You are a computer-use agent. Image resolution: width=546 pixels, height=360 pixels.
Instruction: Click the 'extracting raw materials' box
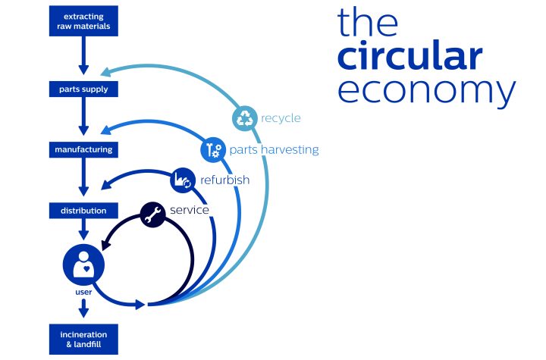point(83,21)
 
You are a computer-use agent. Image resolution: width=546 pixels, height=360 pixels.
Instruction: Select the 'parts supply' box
point(83,89)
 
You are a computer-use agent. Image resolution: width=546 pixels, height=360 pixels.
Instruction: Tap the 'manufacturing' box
point(83,150)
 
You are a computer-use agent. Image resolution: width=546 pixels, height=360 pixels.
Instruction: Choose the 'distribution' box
point(83,211)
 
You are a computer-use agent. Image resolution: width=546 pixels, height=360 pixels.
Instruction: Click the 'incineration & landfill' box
point(83,340)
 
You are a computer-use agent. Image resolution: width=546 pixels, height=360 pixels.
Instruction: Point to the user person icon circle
point(83,265)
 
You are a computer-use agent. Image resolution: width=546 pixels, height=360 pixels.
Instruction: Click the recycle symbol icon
point(245,118)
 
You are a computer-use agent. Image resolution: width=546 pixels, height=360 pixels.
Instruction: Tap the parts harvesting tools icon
point(213,150)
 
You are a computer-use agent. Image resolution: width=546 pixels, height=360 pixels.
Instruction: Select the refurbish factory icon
point(183,180)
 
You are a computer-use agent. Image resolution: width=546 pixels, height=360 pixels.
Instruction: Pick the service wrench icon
point(153,214)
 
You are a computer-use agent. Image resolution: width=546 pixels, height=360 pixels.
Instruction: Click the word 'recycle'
point(281,118)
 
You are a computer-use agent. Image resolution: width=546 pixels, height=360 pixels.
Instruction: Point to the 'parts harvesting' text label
point(274,150)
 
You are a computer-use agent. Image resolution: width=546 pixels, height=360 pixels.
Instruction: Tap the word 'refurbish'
point(225,180)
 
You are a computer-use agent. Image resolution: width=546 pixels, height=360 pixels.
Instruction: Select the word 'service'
point(190,210)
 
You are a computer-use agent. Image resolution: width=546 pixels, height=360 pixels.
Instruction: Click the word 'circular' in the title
point(409,56)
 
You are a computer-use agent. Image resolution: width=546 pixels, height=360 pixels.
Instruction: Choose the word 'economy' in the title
point(426,90)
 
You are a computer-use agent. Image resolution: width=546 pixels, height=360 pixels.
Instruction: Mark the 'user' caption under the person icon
point(83,292)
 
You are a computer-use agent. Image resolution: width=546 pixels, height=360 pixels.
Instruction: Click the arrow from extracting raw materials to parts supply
point(83,55)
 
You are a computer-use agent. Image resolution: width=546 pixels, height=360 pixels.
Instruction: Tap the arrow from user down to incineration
point(83,308)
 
